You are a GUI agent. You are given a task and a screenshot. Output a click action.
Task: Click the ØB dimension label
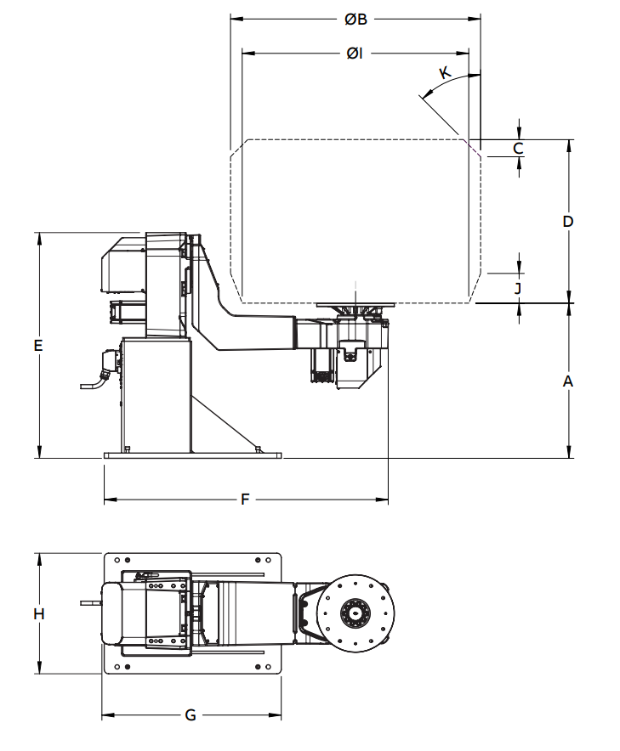point(356,20)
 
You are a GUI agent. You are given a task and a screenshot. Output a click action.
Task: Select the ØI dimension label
point(355,54)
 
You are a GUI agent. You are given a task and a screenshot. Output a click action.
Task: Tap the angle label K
point(446,73)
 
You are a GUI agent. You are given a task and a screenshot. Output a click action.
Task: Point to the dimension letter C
point(518,149)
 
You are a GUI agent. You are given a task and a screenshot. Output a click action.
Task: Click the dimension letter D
point(568,221)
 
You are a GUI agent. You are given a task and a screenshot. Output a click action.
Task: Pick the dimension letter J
point(518,288)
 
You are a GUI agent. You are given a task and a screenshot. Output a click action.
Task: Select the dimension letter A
point(568,381)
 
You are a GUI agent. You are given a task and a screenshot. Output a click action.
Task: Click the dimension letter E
point(38,345)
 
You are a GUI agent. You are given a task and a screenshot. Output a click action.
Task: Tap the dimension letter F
point(245,500)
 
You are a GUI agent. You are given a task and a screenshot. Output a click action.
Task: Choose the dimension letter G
point(191,715)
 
